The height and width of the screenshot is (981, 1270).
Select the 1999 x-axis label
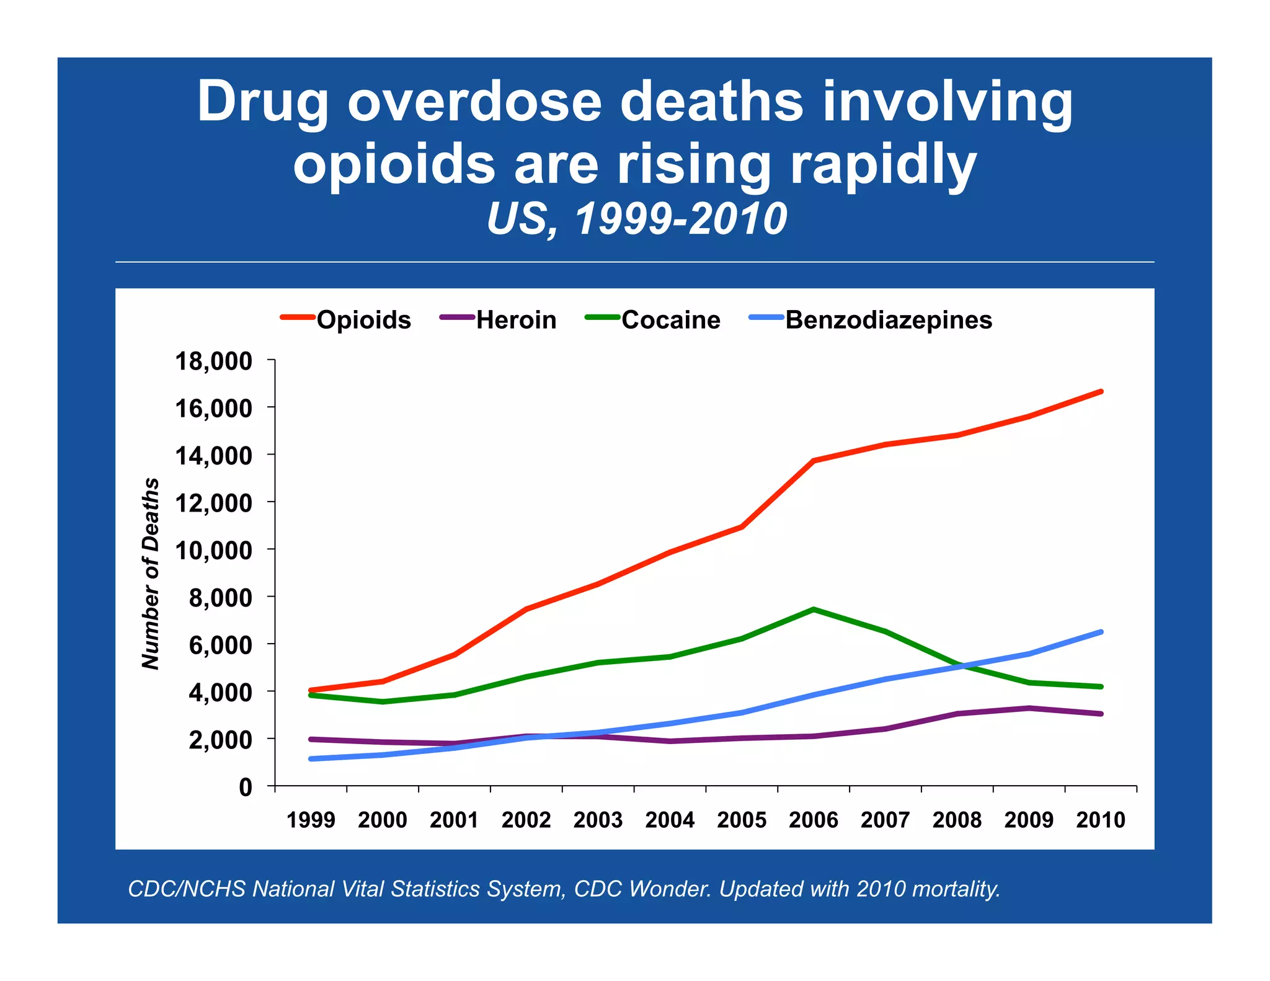(x=311, y=820)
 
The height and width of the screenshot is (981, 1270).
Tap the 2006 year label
(x=813, y=820)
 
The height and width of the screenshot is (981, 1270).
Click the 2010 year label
(x=1100, y=820)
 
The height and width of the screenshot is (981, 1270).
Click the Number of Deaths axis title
(x=151, y=574)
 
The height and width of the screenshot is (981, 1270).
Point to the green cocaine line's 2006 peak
(x=813, y=609)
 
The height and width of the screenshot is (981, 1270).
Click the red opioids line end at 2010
(x=1101, y=391)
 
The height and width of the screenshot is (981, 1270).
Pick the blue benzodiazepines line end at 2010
(x=1101, y=632)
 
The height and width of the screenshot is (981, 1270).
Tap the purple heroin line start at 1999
(x=311, y=739)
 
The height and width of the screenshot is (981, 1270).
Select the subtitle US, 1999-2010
(x=636, y=219)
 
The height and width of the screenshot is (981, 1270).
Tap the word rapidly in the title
(x=883, y=164)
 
